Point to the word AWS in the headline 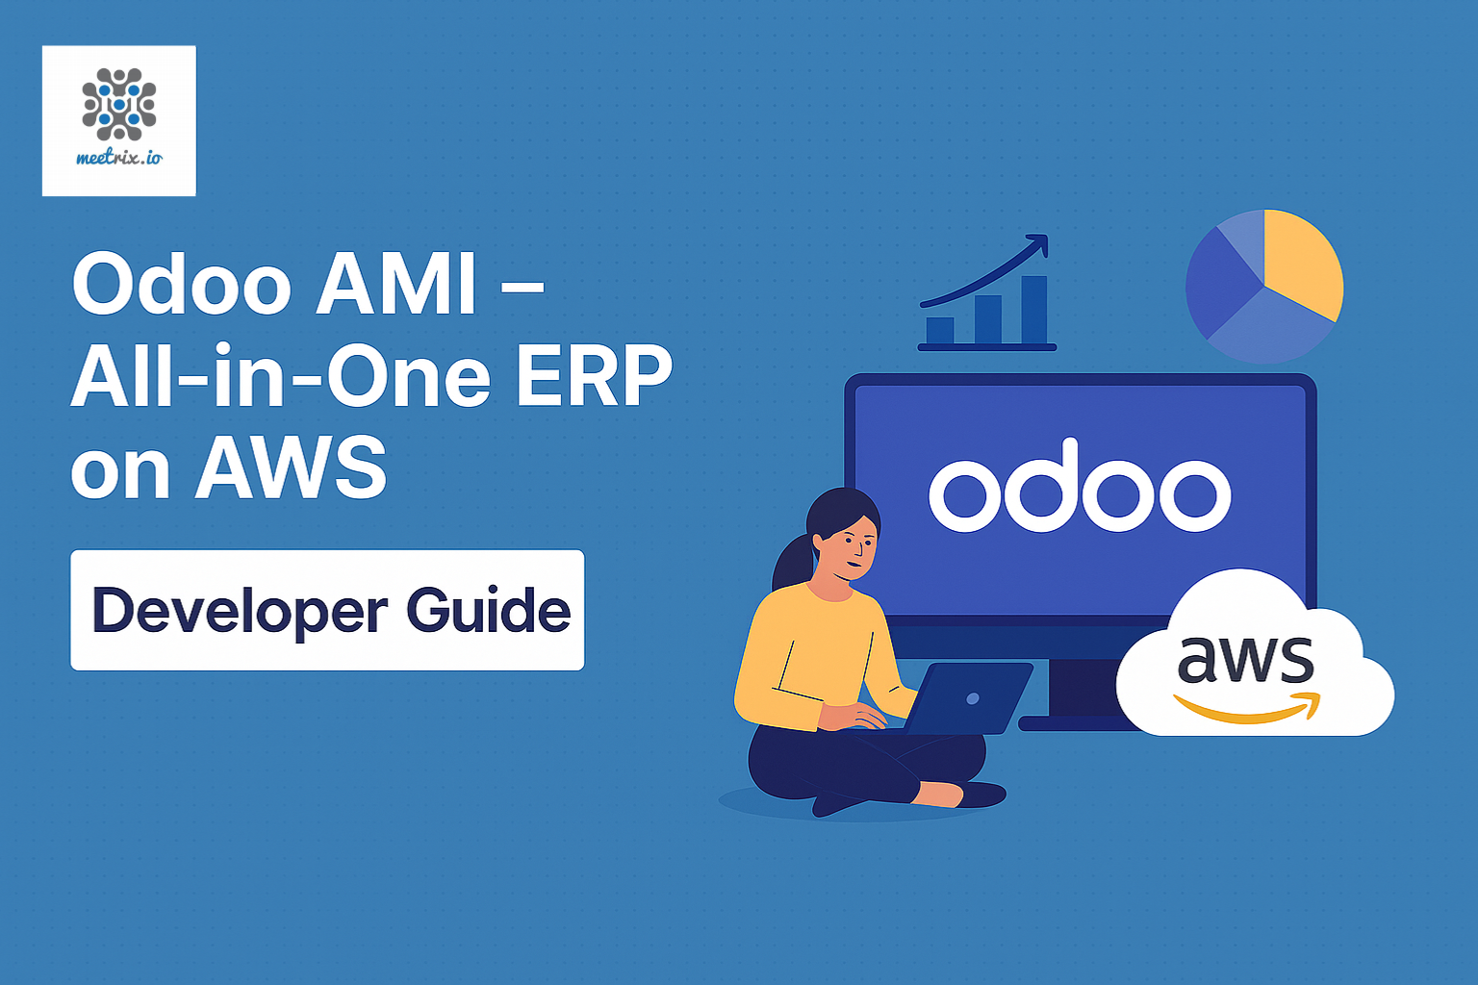click(291, 468)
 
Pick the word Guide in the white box click(488, 611)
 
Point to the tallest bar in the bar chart click(1034, 310)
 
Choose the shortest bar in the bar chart click(940, 330)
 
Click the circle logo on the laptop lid click(973, 698)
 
